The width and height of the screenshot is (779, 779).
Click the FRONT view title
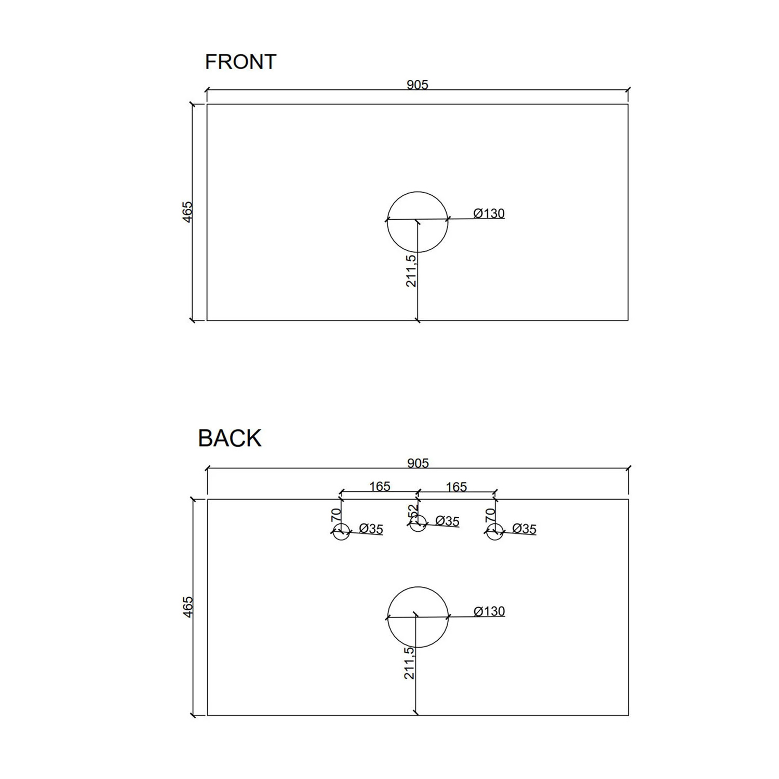click(240, 62)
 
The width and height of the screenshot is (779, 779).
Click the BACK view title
click(230, 438)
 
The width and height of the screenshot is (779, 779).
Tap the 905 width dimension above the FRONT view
click(418, 85)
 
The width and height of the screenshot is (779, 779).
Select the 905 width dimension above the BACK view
click(418, 463)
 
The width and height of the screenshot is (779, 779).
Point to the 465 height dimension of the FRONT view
click(187, 212)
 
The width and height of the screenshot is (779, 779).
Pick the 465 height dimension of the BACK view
click(187, 607)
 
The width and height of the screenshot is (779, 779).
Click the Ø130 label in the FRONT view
click(489, 213)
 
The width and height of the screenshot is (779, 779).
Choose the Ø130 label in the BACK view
click(489, 611)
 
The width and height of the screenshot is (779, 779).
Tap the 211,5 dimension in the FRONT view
click(411, 271)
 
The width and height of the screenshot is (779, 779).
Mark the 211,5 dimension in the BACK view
click(409, 663)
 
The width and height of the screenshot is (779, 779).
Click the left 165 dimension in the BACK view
click(380, 486)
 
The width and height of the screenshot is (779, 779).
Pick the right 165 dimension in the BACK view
click(456, 487)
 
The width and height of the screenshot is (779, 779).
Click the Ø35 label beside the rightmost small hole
click(524, 529)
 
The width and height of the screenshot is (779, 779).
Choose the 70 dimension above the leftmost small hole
click(336, 515)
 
